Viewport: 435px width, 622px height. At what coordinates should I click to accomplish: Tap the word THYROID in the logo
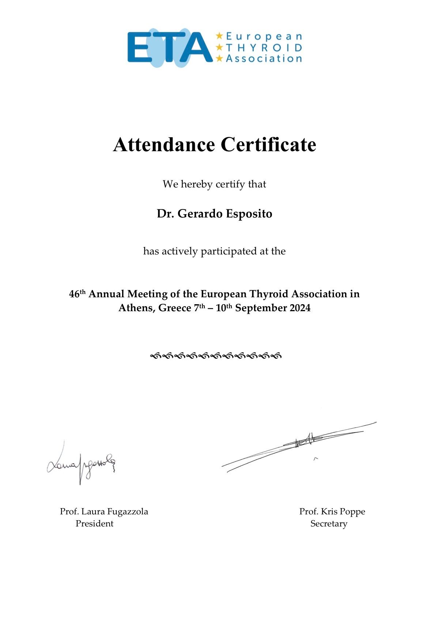pyautogui.click(x=264, y=48)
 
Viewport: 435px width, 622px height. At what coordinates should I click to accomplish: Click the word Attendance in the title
pyautogui.click(x=164, y=145)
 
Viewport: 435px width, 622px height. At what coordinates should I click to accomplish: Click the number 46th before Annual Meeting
pyautogui.click(x=77, y=294)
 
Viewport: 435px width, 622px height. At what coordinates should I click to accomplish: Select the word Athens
pyautogui.click(x=137, y=308)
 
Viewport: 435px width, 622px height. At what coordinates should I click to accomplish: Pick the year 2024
pyautogui.click(x=300, y=308)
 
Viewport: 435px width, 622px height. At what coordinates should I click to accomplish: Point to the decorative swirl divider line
pyautogui.click(x=216, y=355)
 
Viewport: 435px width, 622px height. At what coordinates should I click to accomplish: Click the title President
pyautogui.click(x=94, y=524)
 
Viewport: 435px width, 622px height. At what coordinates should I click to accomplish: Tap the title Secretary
pyautogui.click(x=329, y=524)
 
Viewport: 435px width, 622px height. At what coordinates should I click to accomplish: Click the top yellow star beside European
pyautogui.click(x=219, y=36)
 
